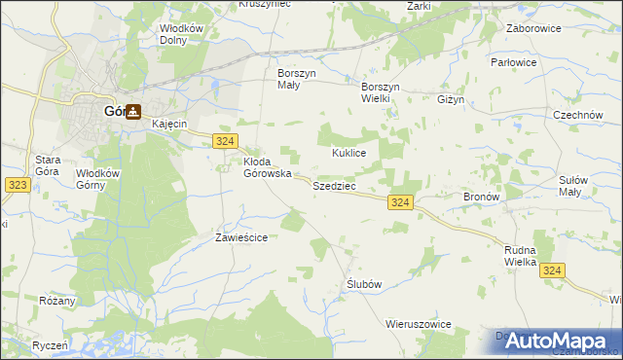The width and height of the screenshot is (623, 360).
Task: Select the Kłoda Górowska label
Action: (x=267, y=167)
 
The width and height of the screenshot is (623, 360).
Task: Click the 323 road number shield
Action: (x=16, y=183)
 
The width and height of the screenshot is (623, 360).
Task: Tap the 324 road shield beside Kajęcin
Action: (x=224, y=141)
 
